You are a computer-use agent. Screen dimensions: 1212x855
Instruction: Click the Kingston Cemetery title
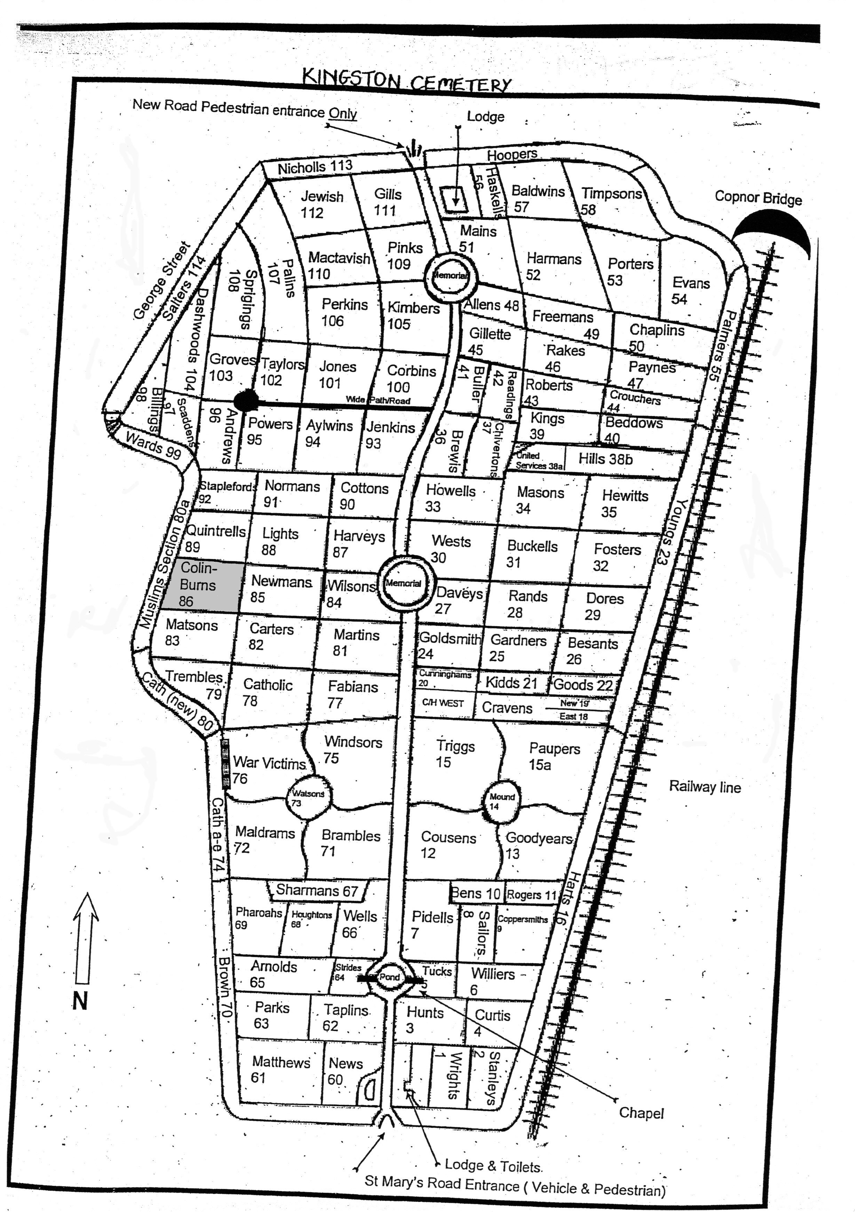tap(407, 81)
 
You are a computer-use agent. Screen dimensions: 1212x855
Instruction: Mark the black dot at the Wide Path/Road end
tap(246, 401)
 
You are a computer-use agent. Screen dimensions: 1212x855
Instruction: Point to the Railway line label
tap(704, 787)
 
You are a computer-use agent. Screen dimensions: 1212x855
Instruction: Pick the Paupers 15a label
tap(553, 756)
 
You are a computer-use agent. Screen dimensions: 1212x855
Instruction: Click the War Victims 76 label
tap(268, 769)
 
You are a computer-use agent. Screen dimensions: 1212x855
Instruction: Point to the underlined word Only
tap(343, 113)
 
